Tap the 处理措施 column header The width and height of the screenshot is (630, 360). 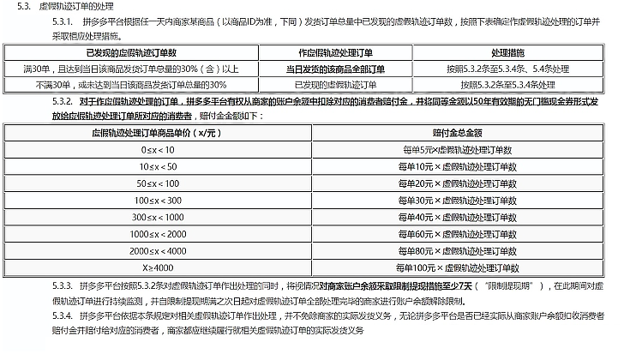coord(516,51)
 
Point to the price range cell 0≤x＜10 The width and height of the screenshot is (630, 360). coord(158,150)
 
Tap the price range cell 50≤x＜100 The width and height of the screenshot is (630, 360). coord(158,183)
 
